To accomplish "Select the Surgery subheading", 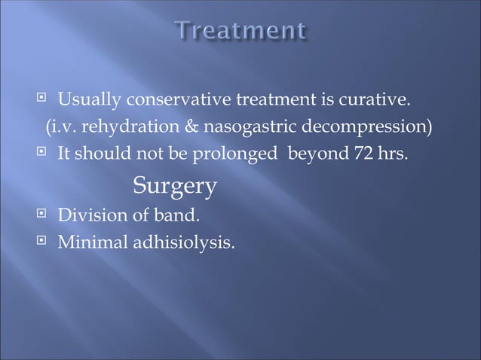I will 175,185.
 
